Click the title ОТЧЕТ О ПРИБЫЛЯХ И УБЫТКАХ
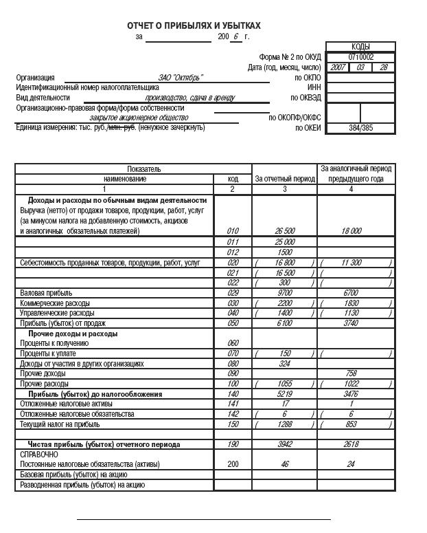194,25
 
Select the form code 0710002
360,57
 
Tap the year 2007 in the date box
338,67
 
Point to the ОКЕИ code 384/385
360,128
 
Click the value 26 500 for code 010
284,231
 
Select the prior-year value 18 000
351,231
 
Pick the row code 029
232,293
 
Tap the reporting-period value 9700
284,293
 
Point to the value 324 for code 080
284,364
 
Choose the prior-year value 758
351,373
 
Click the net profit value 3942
284,445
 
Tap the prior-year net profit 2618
351,445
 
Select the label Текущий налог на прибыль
60,425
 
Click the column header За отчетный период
284,179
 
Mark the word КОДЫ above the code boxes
360,47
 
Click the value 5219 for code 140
284,394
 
